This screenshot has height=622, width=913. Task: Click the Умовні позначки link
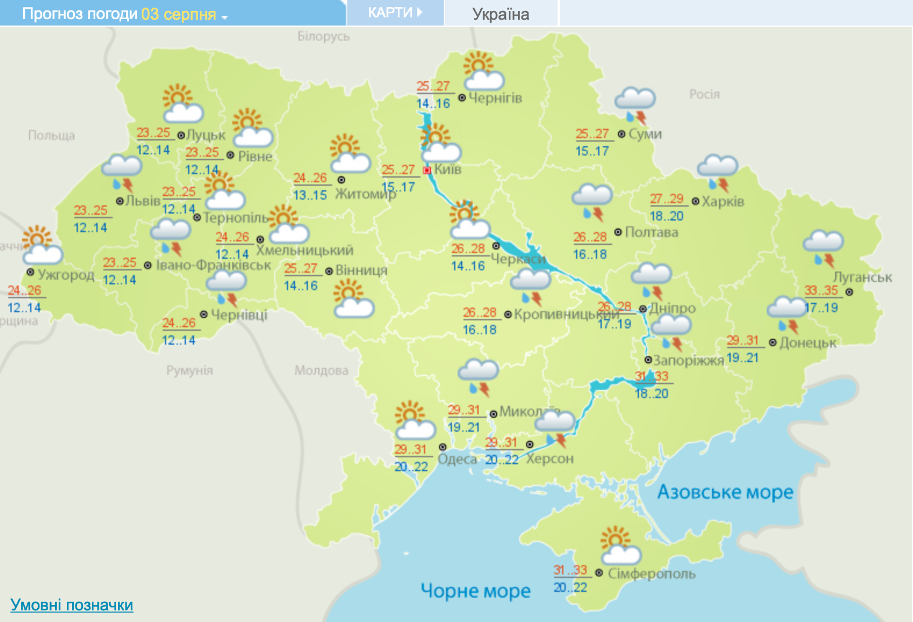point(71,605)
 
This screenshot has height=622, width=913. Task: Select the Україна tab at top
point(501,14)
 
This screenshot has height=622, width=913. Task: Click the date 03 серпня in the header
point(179,14)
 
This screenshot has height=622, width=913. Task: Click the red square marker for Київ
point(427,170)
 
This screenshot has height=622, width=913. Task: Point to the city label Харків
point(723,201)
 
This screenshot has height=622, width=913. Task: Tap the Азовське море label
point(725,492)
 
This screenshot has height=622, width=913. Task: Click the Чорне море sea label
point(475,591)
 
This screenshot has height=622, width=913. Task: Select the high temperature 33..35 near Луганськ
point(821,290)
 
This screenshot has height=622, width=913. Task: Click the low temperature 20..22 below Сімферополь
point(570,588)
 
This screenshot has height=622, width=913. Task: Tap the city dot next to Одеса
point(443,447)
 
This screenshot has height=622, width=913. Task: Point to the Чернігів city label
point(495,98)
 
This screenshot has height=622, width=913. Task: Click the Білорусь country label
point(323,36)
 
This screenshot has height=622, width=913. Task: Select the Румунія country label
point(189,370)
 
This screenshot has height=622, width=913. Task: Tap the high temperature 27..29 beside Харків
point(666,199)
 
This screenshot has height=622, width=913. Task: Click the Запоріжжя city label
point(688,360)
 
